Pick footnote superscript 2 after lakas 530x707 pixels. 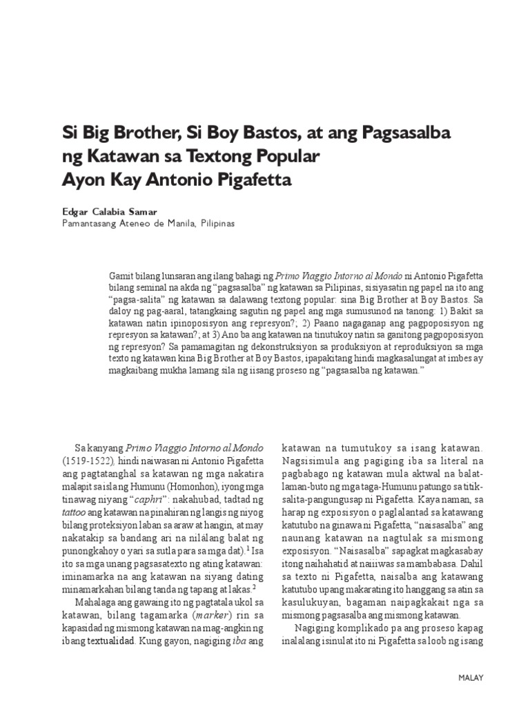254,586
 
